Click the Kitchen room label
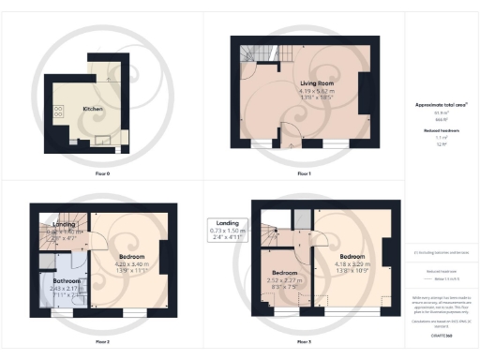point(93,110)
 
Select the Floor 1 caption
point(304,174)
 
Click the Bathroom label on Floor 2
point(67,280)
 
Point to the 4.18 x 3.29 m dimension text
point(352,264)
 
